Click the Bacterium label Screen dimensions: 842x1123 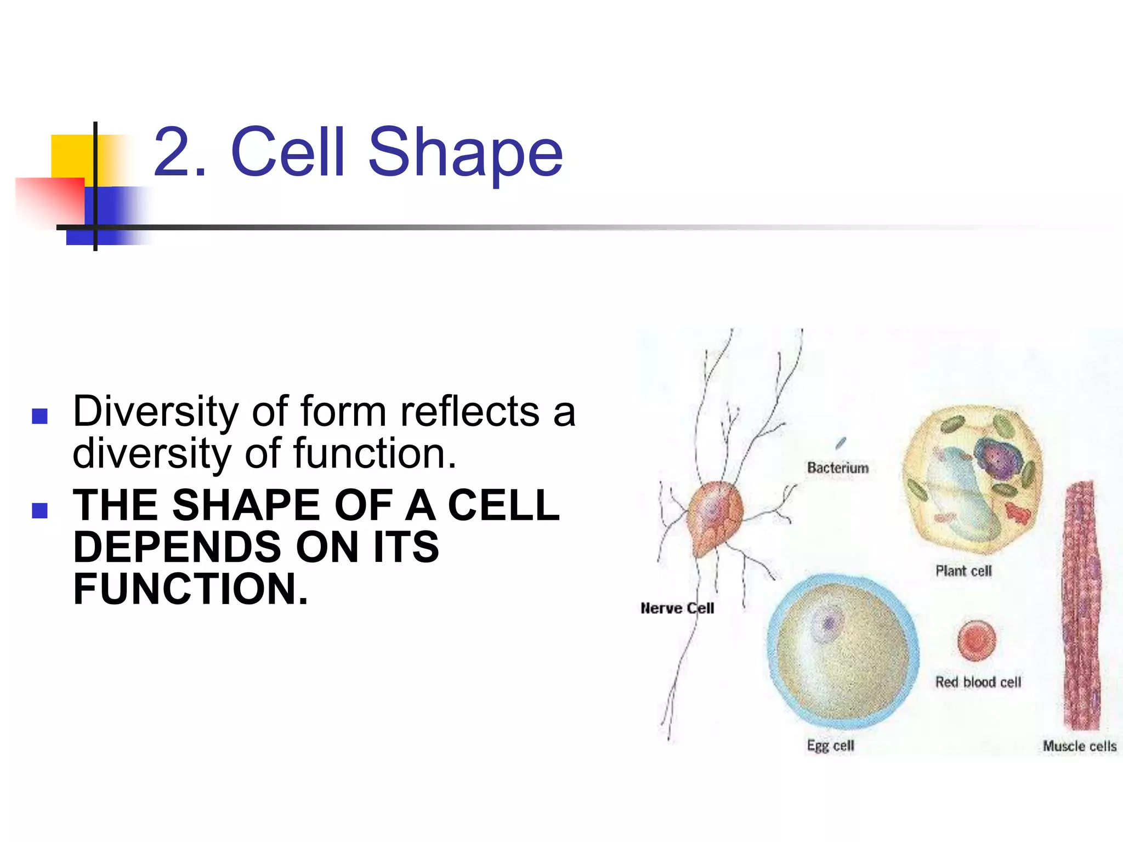(838, 468)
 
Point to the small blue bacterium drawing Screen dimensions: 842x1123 (841, 443)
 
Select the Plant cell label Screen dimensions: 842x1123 (963, 571)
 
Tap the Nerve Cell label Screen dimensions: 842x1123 (677, 608)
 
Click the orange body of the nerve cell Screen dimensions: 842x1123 (714, 515)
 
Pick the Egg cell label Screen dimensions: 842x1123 (830, 746)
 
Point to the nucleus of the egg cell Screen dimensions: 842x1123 (827, 623)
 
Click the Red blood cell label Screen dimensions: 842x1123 (978, 682)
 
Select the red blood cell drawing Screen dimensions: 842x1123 (977, 640)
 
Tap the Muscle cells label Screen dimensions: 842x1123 (1079, 746)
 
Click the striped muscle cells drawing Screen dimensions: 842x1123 (1081, 603)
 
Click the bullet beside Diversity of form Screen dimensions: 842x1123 (40, 417)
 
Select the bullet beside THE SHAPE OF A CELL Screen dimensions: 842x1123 (40, 510)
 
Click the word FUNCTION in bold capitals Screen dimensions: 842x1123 (190, 589)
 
